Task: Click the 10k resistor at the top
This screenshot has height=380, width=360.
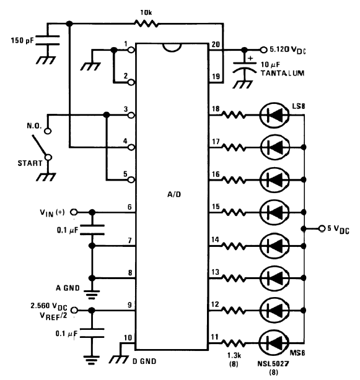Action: pyautogui.click(x=146, y=24)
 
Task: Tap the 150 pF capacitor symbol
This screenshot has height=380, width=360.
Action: pyautogui.click(x=48, y=40)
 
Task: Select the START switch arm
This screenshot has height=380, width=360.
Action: pyautogui.click(x=40, y=145)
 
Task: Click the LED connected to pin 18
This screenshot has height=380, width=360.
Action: pyautogui.click(x=274, y=115)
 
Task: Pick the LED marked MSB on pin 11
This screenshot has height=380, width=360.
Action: pyautogui.click(x=274, y=343)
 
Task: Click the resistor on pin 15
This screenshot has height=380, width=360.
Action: pyautogui.click(x=234, y=212)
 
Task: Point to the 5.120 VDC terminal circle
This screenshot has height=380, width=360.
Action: pyautogui.click(x=263, y=50)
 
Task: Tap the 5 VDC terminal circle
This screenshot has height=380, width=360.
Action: pyautogui.click(x=322, y=228)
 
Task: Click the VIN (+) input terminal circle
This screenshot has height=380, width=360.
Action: pyautogui.click(x=74, y=212)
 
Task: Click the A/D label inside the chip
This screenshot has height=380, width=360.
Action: pyautogui.click(x=174, y=194)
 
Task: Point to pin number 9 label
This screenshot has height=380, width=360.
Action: pyautogui.click(x=130, y=304)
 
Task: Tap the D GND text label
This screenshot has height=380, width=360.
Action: pyautogui.click(x=144, y=361)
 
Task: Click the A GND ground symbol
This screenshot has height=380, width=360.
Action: pyautogui.click(x=92, y=294)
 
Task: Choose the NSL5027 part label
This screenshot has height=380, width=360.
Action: pyautogui.click(x=273, y=363)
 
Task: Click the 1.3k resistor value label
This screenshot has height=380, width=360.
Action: pyautogui.click(x=234, y=355)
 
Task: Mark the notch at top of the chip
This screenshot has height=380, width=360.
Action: pyautogui.click(x=172, y=48)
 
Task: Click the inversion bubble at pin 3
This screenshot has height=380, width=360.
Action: pyautogui.click(x=131, y=115)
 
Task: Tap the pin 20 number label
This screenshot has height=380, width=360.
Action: pyautogui.click(x=216, y=45)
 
